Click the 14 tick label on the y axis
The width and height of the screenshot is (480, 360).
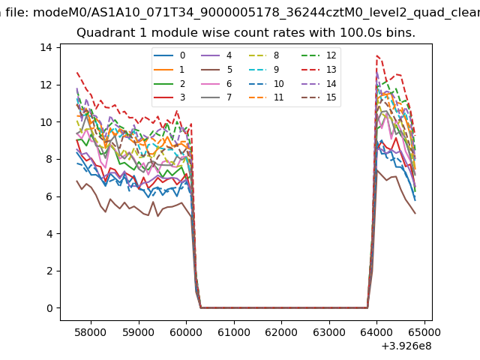[46, 47]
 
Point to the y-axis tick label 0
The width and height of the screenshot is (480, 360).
[49, 308]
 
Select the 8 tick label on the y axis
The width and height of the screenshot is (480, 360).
[49, 159]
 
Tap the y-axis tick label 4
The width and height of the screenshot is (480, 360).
[49, 233]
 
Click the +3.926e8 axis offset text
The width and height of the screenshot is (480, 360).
[406, 346]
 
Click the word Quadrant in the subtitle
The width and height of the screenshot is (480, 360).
[103, 33]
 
